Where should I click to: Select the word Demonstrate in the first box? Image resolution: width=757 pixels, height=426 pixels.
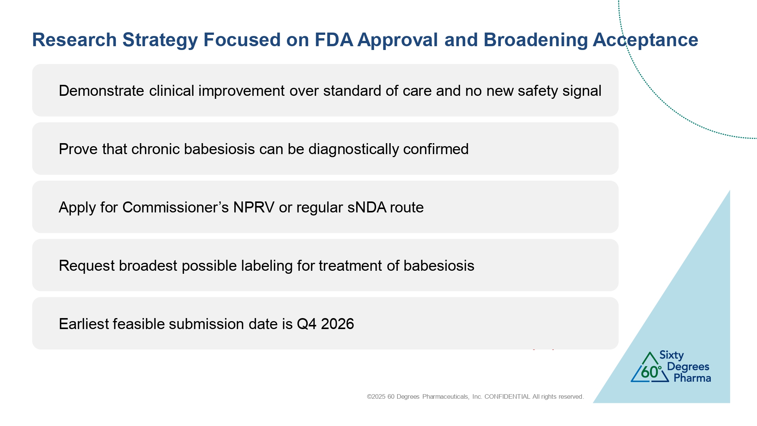pos(101,91)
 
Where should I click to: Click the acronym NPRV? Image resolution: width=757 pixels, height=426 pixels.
pos(254,208)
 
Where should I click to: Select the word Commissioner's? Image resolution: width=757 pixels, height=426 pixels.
pos(175,208)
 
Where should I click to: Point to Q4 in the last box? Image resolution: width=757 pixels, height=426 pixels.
pos(306,324)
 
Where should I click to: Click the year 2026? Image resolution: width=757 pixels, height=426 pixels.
pos(337,324)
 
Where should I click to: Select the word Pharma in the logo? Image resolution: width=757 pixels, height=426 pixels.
pos(692,378)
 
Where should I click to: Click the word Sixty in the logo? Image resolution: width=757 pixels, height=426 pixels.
pos(671,356)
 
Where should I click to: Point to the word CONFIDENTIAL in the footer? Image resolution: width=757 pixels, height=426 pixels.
pos(507,397)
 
